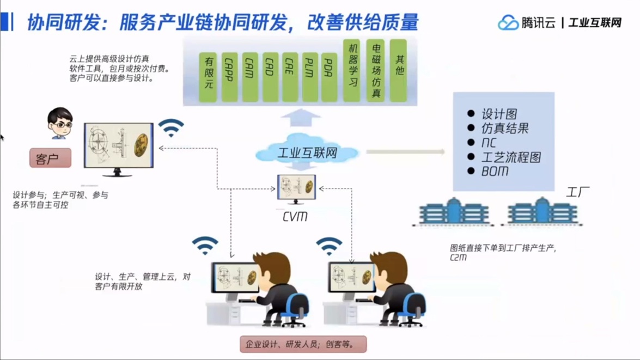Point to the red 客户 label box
[50, 158]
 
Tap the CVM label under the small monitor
[295, 216]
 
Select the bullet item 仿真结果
[504, 129]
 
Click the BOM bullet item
[495, 171]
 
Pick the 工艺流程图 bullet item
[511, 157]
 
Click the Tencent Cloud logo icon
[508, 22]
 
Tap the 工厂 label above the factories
[577, 192]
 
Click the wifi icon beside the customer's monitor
[171, 128]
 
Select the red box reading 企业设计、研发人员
[303, 344]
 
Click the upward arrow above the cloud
[300, 117]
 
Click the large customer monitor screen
[118, 146]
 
